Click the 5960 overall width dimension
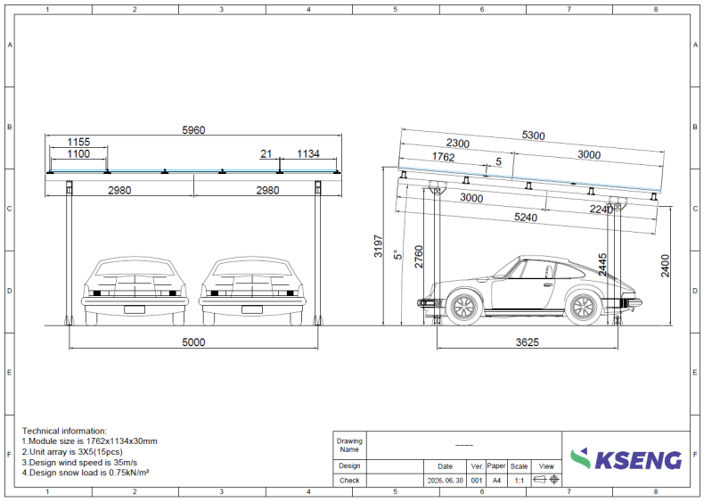pyautogui.click(x=193, y=130)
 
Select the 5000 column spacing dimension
pyautogui.click(x=193, y=342)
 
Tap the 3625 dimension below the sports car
pyautogui.click(x=528, y=342)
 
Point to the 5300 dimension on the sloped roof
pyautogui.click(x=533, y=136)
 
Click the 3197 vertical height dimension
pyautogui.click(x=378, y=246)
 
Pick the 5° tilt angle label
pyautogui.click(x=398, y=254)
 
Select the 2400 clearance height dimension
pyautogui.click(x=666, y=266)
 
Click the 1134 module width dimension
pyautogui.click(x=308, y=154)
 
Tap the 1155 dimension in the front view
pyautogui.click(x=78, y=142)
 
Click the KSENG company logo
pyautogui.click(x=626, y=459)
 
